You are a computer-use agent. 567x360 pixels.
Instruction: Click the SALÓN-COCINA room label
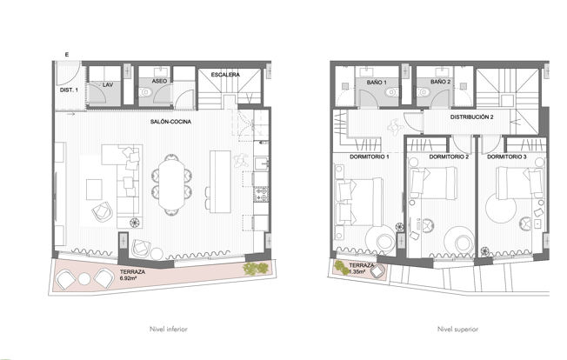(170, 122)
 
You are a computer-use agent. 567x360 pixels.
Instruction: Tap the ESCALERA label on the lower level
(225, 75)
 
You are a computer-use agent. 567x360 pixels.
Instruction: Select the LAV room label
(108, 85)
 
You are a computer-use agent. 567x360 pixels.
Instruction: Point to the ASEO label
(159, 82)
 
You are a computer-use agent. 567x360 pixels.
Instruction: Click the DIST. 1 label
(69, 90)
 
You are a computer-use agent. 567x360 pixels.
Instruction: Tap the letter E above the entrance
(67, 55)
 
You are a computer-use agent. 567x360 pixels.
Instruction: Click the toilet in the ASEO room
(146, 92)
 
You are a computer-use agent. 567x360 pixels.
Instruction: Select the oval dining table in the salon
(171, 184)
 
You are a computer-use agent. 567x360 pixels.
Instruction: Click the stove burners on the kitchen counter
(261, 195)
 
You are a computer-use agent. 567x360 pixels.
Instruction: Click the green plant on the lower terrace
(256, 269)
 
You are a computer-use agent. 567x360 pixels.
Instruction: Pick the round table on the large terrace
(84, 278)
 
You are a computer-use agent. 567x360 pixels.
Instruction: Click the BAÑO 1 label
(377, 83)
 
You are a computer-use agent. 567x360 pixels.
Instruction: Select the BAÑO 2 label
(440, 82)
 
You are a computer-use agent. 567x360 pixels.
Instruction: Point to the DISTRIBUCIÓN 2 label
(472, 117)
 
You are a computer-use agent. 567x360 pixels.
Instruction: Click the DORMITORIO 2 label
(449, 157)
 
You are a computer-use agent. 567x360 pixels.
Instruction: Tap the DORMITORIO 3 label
(507, 157)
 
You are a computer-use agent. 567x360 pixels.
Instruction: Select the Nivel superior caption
(457, 330)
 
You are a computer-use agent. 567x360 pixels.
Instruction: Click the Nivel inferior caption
(169, 330)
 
